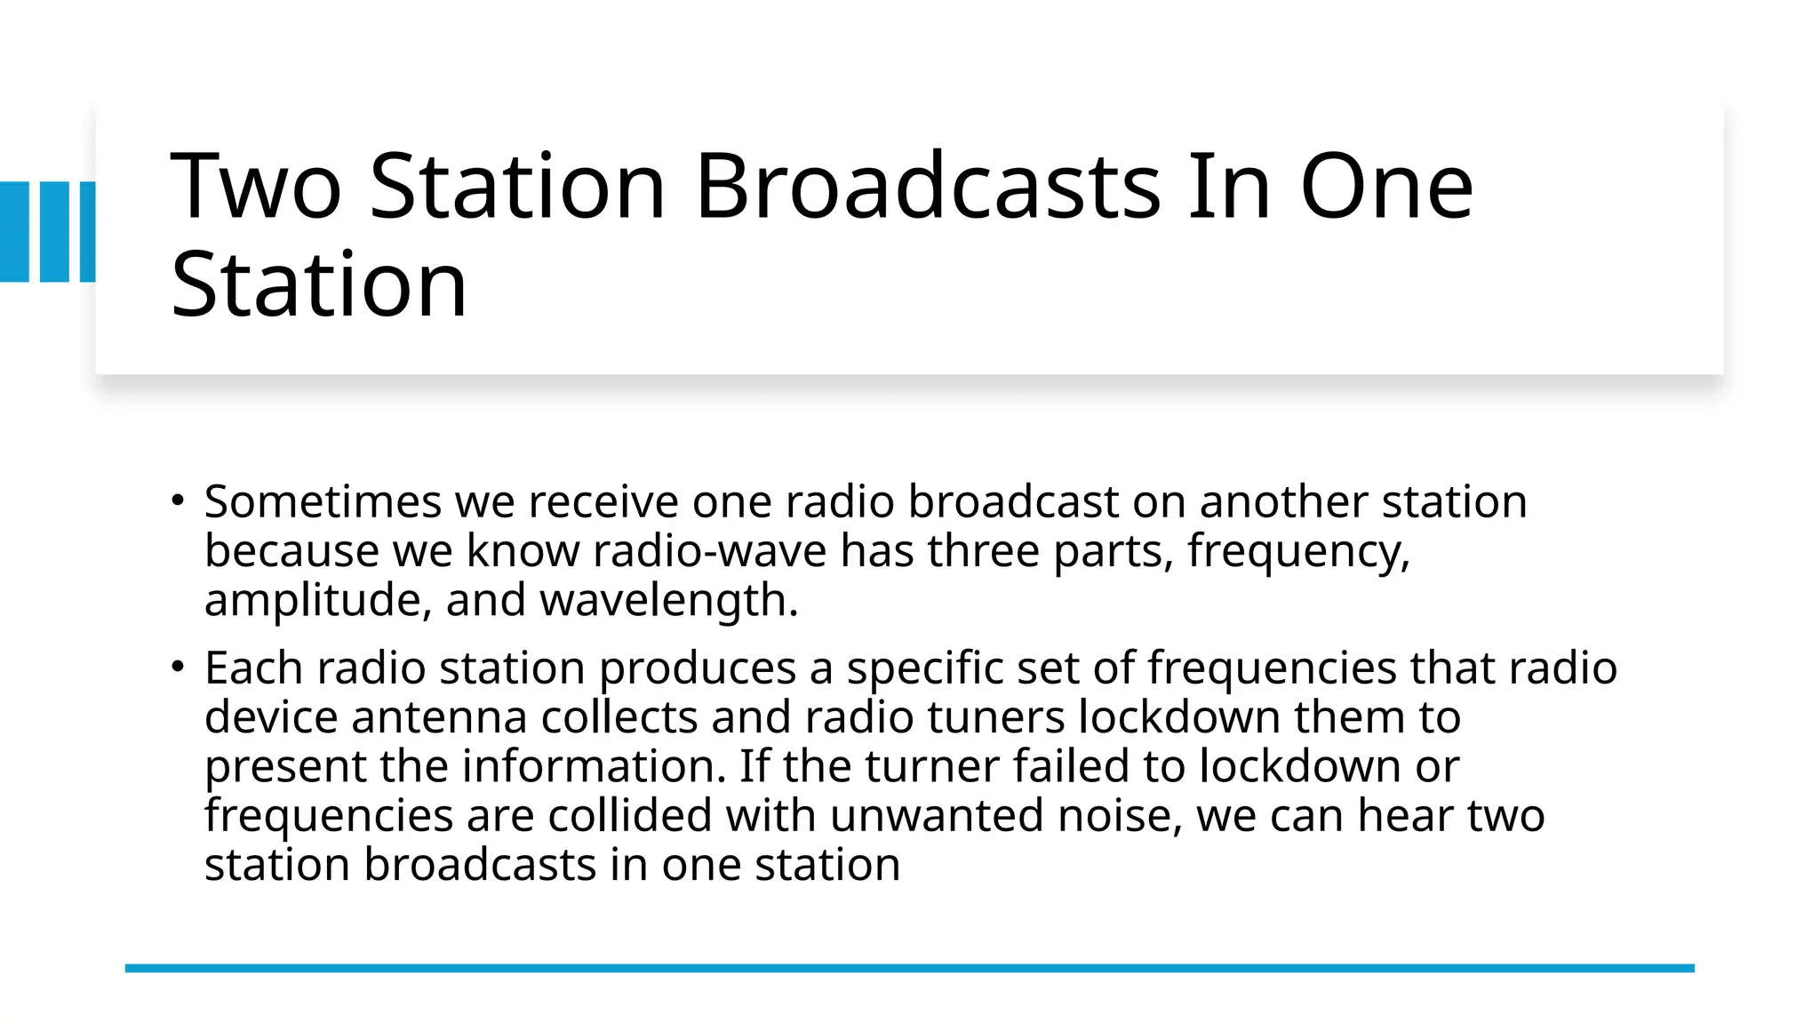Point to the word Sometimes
(x=323, y=501)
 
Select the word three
(x=984, y=551)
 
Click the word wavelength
(x=668, y=601)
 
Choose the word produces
(x=698, y=668)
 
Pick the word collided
(x=630, y=816)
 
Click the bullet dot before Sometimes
(x=178, y=500)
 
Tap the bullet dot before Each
(x=178, y=666)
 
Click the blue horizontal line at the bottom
(x=909, y=968)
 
